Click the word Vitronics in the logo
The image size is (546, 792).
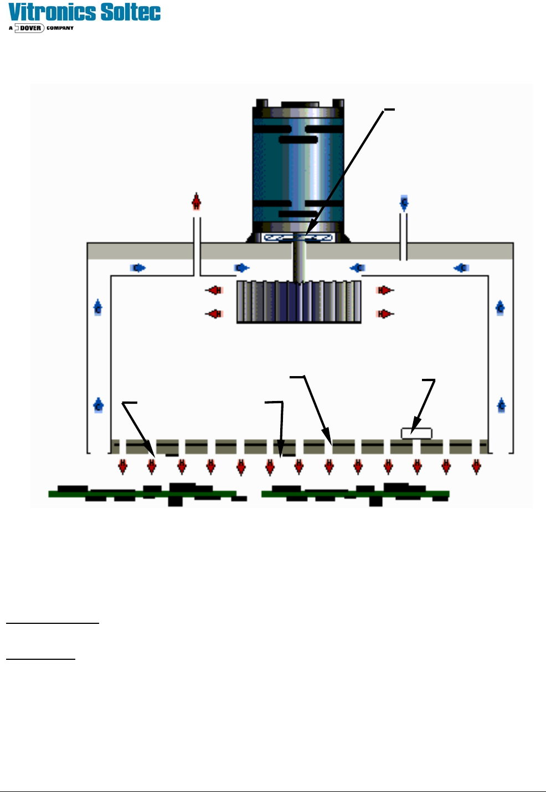pyautogui.click(x=53, y=12)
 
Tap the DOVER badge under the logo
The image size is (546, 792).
pyautogui.click(x=30, y=28)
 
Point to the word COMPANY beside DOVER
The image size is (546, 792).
pyautogui.click(x=60, y=28)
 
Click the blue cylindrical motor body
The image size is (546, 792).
pyautogui.click(x=298, y=166)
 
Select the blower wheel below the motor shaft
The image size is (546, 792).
pyautogui.click(x=299, y=301)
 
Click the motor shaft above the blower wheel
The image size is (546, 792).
pyautogui.click(x=299, y=263)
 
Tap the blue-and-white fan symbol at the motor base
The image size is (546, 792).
pyautogui.click(x=298, y=238)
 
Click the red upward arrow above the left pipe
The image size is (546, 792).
pyautogui.click(x=196, y=202)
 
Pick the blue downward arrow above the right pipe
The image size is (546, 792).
pyautogui.click(x=404, y=203)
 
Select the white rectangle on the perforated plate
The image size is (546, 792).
pyautogui.click(x=416, y=434)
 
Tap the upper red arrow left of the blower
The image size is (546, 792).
pyautogui.click(x=214, y=290)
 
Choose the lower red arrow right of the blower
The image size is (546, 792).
pyautogui.click(x=385, y=314)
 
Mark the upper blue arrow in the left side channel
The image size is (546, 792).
pyautogui.click(x=98, y=307)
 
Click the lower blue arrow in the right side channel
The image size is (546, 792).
pyautogui.click(x=501, y=405)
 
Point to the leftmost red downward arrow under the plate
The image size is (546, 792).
pyautogui.click(x=123, y=467)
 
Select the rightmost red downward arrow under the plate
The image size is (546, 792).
pyautogui.click(x=476, y=467)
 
